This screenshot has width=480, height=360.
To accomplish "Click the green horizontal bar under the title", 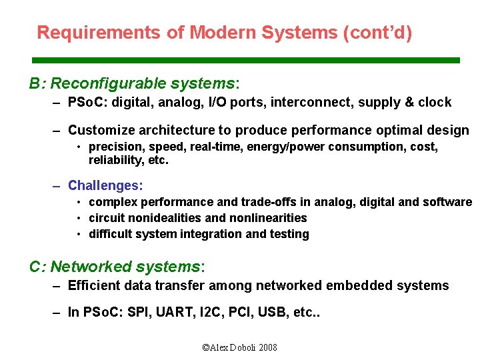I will tap(247, 60).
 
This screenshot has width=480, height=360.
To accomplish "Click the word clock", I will tap(435, 103).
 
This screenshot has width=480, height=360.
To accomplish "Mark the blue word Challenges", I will tap(105, 185).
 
